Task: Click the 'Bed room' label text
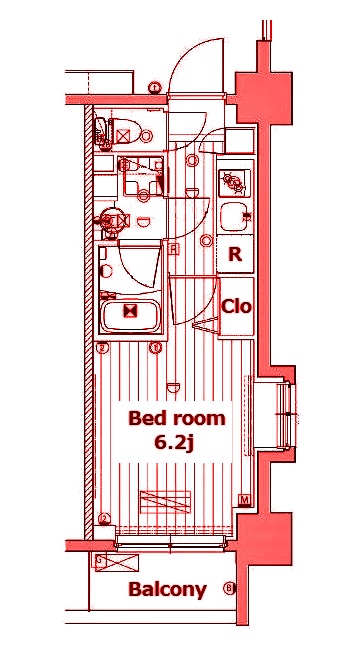[176, 418]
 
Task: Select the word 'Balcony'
[167, 589]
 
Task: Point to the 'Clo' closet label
[236, 306]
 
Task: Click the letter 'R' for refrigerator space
[235, 254]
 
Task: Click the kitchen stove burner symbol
[235, 182]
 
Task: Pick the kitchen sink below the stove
[236, 216]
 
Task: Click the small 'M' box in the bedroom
[243, 500]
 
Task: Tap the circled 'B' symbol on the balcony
[229, 588]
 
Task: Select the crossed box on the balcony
[101, 562]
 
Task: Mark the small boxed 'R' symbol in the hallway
[174, 248]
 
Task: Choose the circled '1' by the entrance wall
[155, 88]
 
